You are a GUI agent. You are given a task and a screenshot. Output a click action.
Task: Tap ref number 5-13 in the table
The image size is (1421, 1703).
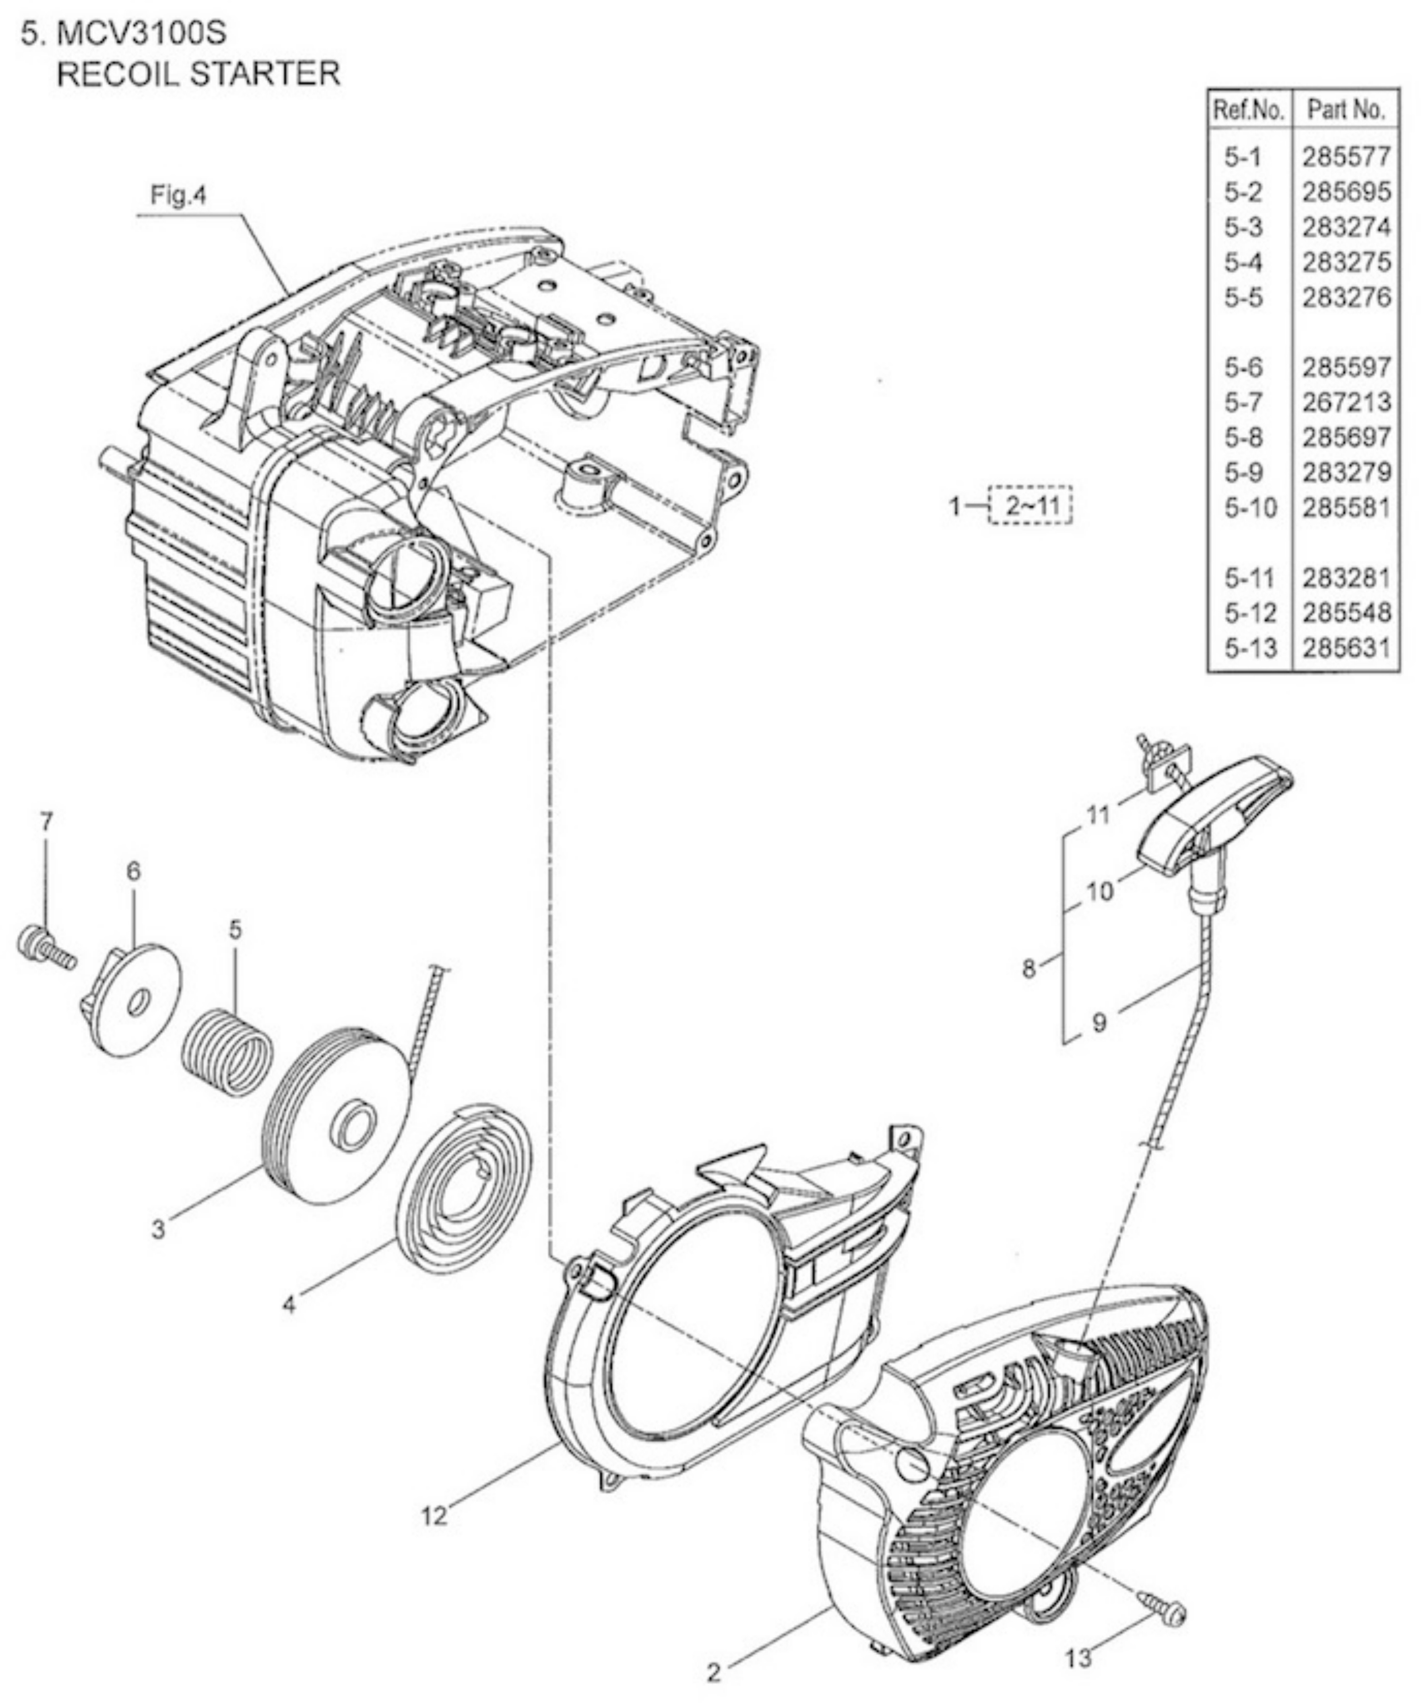pos(1251,648)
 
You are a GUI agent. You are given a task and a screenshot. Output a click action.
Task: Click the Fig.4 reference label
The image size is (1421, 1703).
pos(179,196)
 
